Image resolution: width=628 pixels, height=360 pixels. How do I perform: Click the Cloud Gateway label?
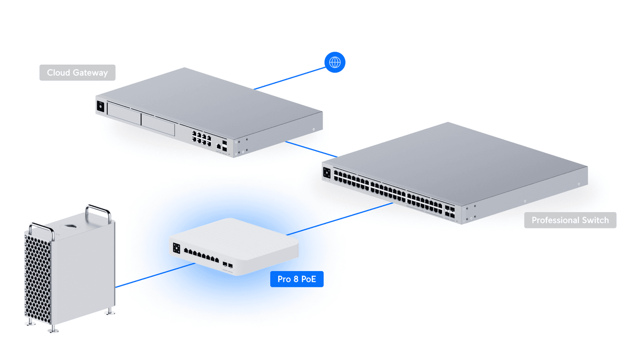77,72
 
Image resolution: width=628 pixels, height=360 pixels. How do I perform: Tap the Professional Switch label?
570,220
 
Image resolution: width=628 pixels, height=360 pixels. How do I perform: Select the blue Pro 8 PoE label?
296,279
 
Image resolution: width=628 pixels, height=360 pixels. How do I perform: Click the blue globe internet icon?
335,63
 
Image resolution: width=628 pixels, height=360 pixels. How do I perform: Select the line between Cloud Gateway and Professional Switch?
310,149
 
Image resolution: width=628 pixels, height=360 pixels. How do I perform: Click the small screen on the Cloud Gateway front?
100,107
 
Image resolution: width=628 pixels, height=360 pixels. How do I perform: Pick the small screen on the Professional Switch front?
327,173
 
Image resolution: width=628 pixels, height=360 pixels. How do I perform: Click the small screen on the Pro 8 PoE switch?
176,248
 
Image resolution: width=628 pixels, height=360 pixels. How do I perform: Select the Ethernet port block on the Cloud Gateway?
201,138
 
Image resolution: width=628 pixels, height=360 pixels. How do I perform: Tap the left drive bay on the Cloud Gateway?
124,114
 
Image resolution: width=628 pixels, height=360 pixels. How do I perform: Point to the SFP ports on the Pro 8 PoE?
228,265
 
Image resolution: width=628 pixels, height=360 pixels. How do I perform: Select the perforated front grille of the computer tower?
37,279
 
